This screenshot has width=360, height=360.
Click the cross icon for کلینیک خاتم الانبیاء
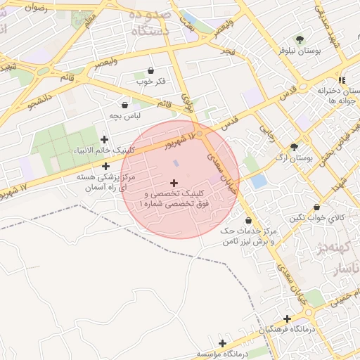[x=105, y=140]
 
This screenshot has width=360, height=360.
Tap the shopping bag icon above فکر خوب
[x=151, y=70]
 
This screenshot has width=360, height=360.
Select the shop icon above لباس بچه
[x=125, y=104]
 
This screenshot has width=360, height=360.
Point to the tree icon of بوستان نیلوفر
[x=301, y=40]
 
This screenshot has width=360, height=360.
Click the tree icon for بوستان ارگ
[x=294, y=147]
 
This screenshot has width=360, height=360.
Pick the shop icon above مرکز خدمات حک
[x=248, y=220]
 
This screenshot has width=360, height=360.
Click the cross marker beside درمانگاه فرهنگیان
[x=287, y=319]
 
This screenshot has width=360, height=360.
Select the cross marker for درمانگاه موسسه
[x=222, y=343]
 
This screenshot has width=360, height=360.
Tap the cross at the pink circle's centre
[x=174, y=182]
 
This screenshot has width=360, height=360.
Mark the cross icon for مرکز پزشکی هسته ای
[x=106, y=167]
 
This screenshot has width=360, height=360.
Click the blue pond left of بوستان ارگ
[x=259, y=181]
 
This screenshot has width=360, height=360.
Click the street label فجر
[x=227, y=53]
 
